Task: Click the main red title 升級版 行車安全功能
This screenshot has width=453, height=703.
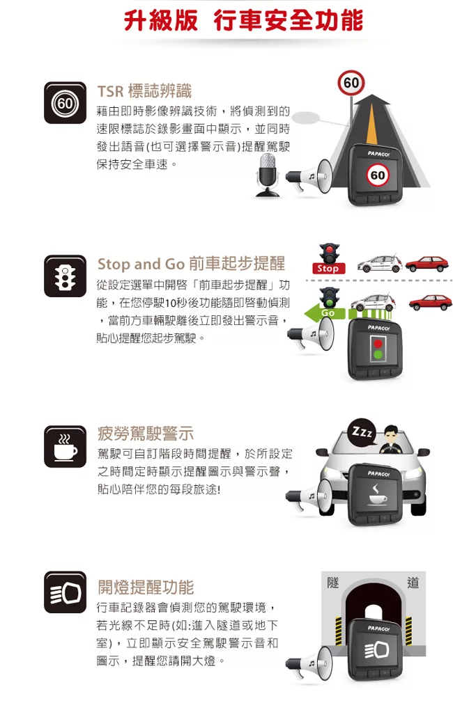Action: click(243, 21)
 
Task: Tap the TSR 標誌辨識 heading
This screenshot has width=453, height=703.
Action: click(144, 91)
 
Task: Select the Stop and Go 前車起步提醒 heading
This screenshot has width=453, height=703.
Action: click(191, 264)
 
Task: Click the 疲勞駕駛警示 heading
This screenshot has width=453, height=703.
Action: click(146, 434)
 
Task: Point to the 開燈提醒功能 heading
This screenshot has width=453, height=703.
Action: click(146, 587)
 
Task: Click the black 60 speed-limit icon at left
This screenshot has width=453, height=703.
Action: click(65, 103)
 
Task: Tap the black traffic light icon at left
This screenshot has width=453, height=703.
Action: click(65, 276)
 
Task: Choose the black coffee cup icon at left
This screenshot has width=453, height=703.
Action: click(65, 447)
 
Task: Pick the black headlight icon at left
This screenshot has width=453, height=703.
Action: click(65, 592)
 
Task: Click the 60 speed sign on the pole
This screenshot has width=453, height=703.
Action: click(351, 83)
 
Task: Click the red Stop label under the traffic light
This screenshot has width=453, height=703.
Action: click(328, 268)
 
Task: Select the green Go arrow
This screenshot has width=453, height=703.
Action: click(325, 313)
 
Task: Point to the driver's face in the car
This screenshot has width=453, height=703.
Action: click(391, 434)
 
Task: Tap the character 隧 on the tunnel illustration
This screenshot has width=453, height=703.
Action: click(332, 583)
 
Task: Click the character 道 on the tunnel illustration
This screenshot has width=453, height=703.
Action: click(413, 583)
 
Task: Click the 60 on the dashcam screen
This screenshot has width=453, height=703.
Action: click(378, 175)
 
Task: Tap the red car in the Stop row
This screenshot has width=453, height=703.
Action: click(427, 264)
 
